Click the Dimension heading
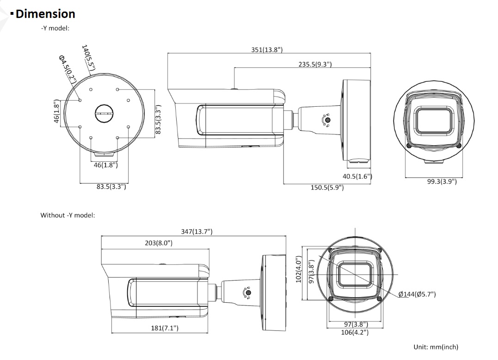[x=45, y=14]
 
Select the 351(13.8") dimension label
[x=267, y=50]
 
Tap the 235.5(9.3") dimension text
[x=314, y=65]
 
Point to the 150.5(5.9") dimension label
[x=327, y=188]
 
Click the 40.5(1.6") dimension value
[x=357, y=177]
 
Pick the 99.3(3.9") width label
[x=442, y=182]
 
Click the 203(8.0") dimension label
[x=159, y=243]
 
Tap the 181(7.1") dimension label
[x=164, y=328]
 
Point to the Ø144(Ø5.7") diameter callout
[x=417, y=294]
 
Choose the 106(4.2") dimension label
[x=354, y=332]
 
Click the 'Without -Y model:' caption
[x=68, y=215]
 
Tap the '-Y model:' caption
[x=55, y=28]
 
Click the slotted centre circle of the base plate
[x=104, y=113]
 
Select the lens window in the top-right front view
[x=434, y=120]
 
